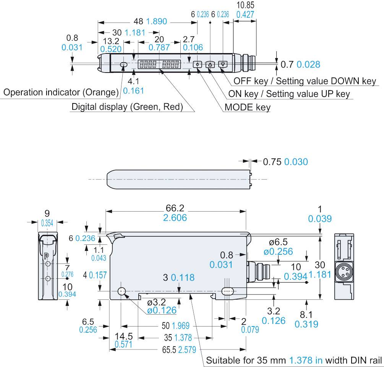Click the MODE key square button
(x=198, y=64)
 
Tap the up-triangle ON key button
(x=210, y=64)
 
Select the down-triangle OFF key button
(x=223, y=64)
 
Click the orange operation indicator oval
(x=123, y=65)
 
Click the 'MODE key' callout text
(x=247, y=107)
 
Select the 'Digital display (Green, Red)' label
(x=127, y=107)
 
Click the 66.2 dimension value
(x=175, y=208)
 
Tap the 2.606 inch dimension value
(x=175, y=218)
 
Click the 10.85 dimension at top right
(x=245, y=5)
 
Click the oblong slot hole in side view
(x=228, y=291)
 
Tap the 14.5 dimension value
(x=124, y=336)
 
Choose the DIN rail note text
(x=294, y=360)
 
